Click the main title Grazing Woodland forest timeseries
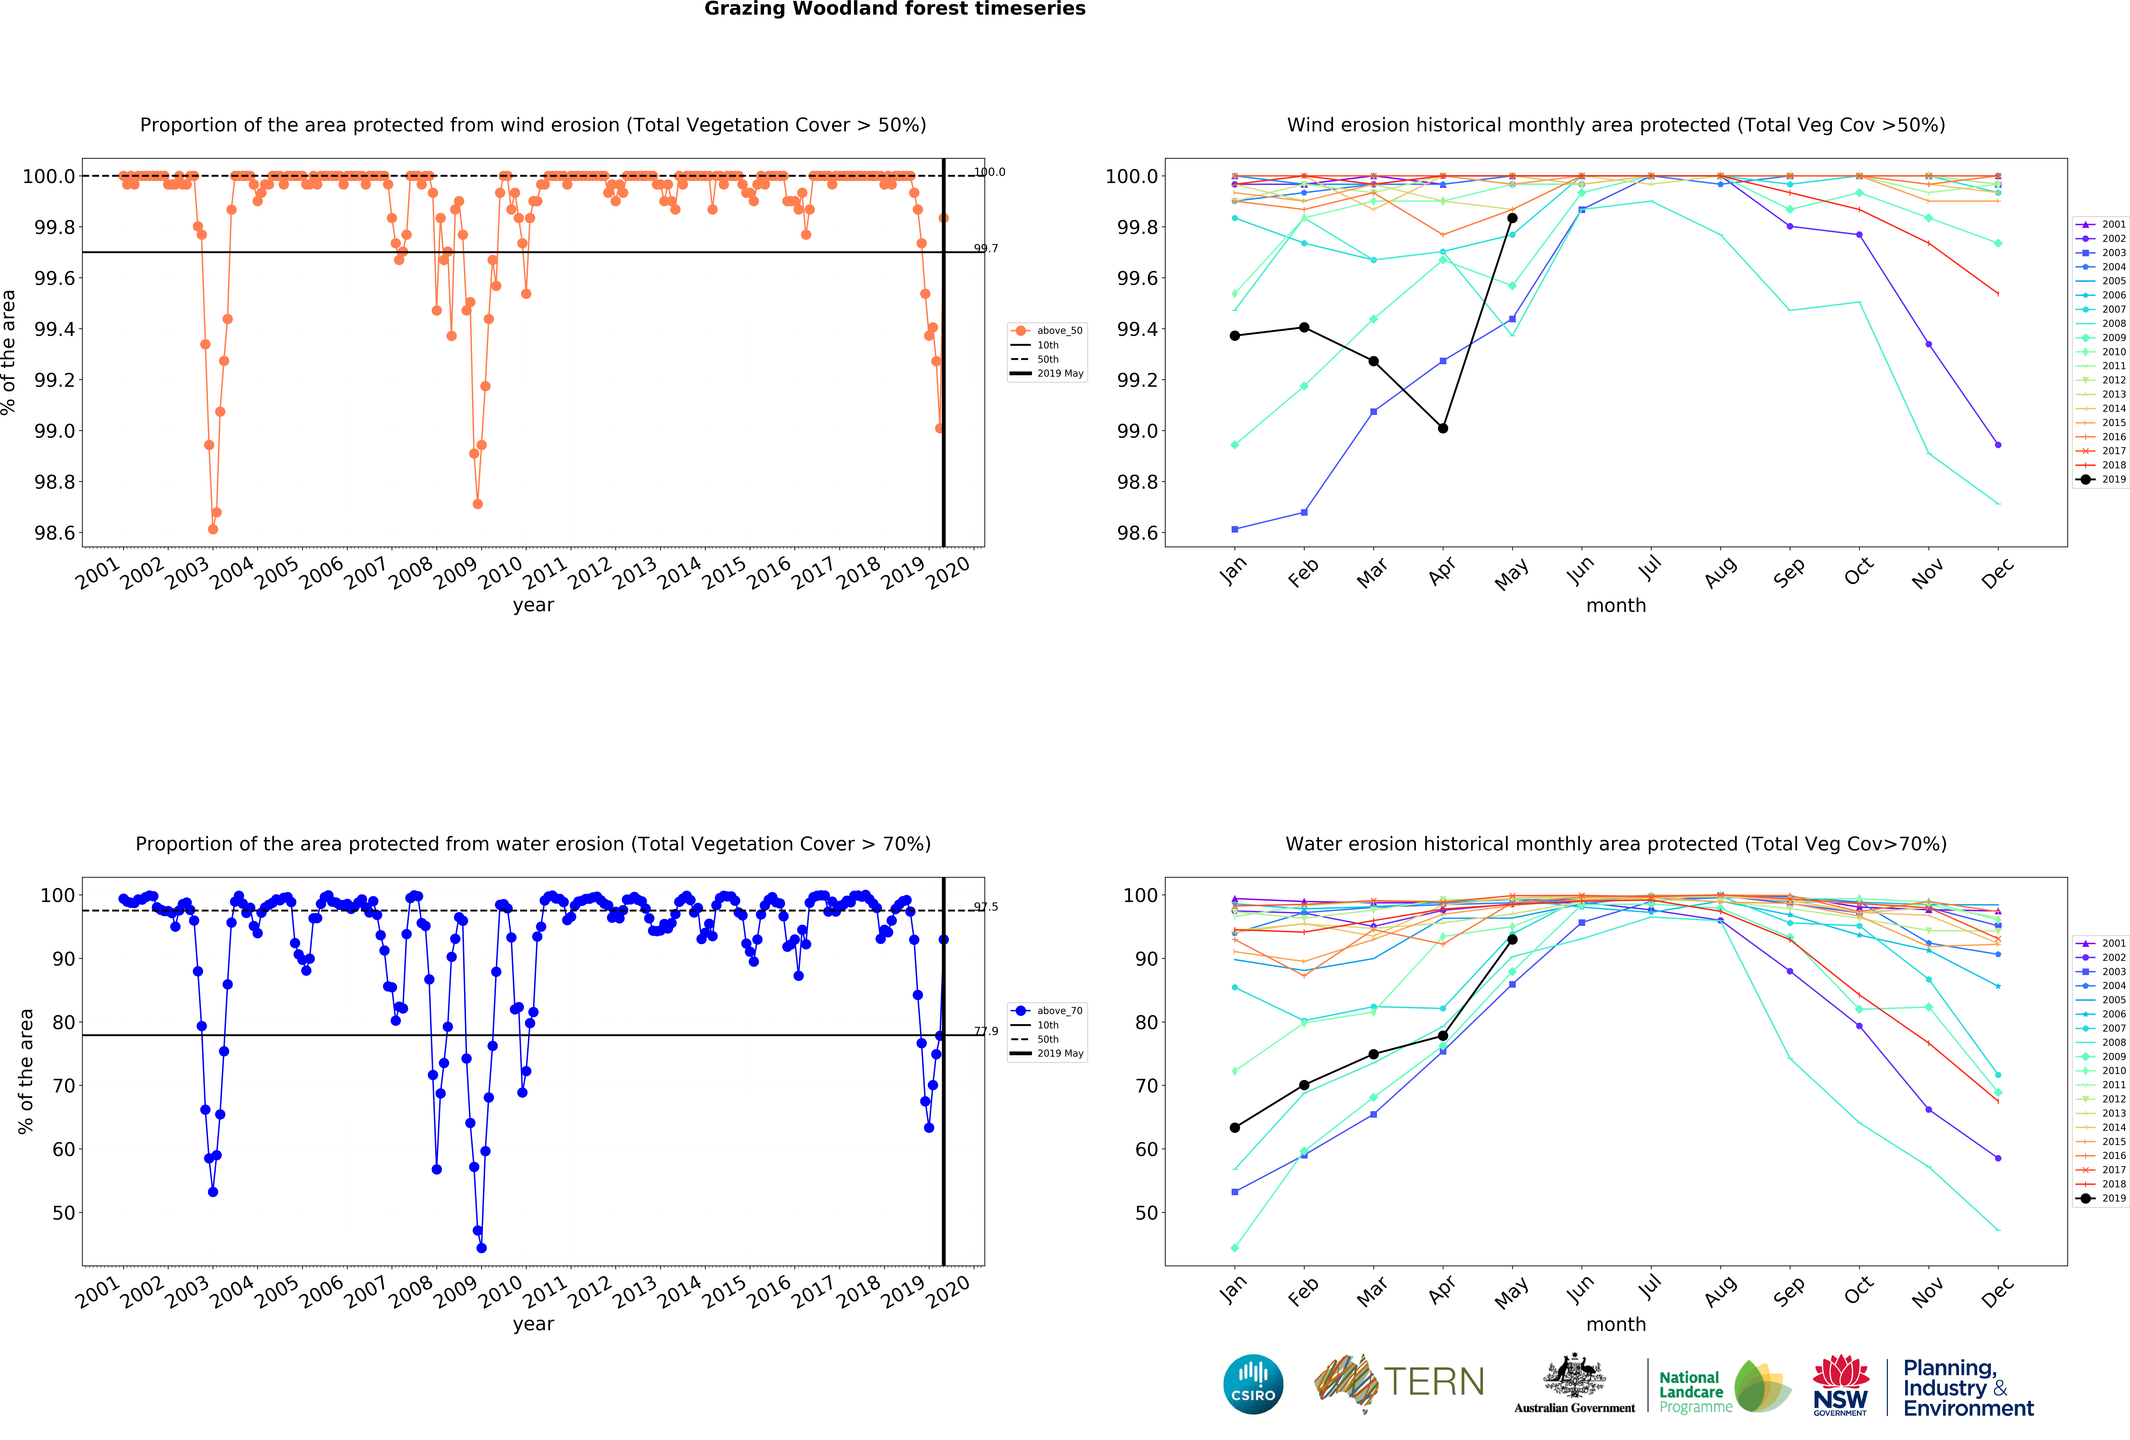click(x=895, y=9)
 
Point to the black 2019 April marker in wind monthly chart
click(x=1443, y=428)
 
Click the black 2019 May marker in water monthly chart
click(x=1512, y=940)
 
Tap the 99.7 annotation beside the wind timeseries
click(x=986, y=248)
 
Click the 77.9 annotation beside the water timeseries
click(x=986, y=1031)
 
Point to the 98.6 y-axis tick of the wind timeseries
click(x=55, y=533)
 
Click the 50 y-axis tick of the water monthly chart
click(x=1147, y=1213)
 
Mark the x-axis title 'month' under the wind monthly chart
click(x=1616, y=606)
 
